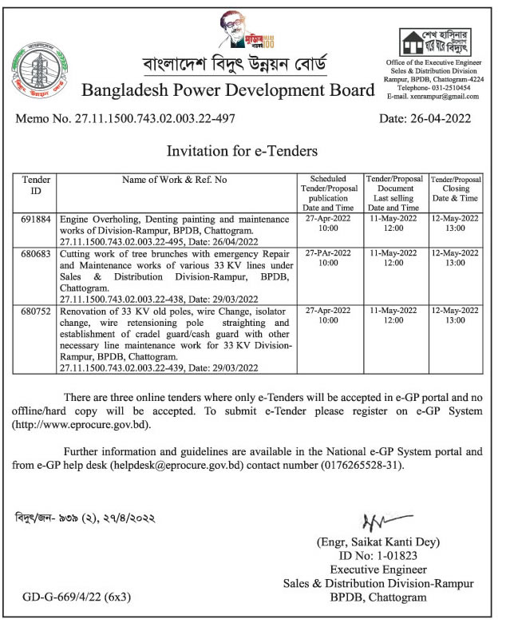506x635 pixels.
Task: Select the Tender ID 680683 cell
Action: (x=36, y=252)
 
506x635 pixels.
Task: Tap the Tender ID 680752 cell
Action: (x=36, y=308)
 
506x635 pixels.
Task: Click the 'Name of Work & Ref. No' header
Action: (x=174, y=180)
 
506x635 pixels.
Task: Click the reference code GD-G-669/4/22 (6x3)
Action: (x=76, y=597)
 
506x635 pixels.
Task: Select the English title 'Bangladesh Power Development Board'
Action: (x=227, y=89)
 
